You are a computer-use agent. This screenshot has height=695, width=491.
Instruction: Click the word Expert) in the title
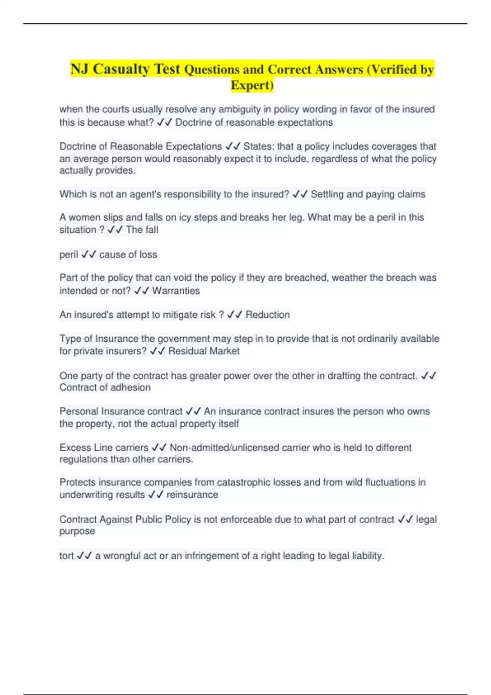click(252, 85)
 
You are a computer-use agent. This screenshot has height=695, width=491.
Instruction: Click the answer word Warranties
click(176, 291)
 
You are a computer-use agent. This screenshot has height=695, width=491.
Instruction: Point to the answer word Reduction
click(268, 314)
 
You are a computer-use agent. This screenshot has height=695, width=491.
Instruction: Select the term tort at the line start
click(66, 556)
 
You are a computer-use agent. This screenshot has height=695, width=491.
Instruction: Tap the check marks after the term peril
click(88, 254)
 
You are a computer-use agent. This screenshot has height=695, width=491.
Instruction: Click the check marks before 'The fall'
click(115, 230)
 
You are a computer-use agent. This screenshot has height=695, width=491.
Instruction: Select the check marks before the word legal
click(405, 519)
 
